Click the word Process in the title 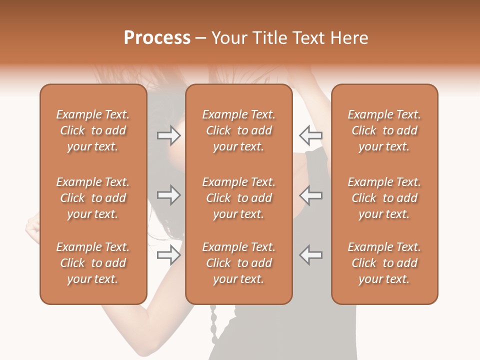click(x=157, y=38)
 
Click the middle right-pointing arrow click(x=168, y=195)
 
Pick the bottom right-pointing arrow click(x=168, y=255)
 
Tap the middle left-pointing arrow click(x=311, y=195)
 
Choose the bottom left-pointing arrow click(x=311, y=254)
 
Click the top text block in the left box click(x=93, y=130)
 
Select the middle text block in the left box click(x=93, y=198)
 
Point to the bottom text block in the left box click(x=93, y=263)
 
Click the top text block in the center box click(x=239, y=130)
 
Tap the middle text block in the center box click(x=239, y=198)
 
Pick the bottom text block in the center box click(x=239, y=263)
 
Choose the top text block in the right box click(x=384, y=130)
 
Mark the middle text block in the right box click(x=384, y=198)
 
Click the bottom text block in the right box click(x=384, y=263)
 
